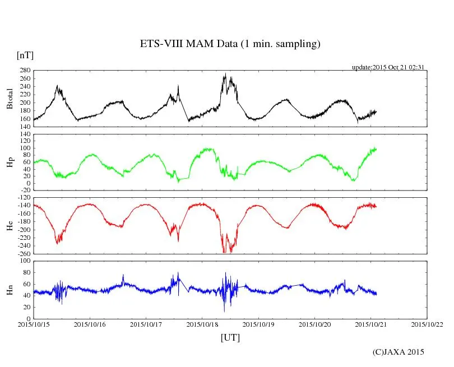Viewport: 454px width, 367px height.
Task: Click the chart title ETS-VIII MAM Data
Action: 230,44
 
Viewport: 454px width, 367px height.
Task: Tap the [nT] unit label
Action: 25,55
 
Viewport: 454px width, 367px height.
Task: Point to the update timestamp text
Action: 387,67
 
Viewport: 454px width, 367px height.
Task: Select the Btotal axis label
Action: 10,99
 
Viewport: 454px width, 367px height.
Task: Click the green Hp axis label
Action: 10,162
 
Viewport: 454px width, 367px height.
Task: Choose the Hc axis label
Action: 10,225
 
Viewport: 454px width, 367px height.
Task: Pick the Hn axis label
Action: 10,290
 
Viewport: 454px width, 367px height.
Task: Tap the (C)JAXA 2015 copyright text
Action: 399,352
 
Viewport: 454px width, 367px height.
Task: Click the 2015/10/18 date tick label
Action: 203,324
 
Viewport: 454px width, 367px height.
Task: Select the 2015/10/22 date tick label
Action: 428,324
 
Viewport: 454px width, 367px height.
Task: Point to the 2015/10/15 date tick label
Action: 34,324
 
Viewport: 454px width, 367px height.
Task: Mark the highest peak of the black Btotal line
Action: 225,73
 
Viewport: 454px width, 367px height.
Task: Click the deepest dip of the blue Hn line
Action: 224,311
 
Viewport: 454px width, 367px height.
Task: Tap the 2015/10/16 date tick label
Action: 90,324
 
